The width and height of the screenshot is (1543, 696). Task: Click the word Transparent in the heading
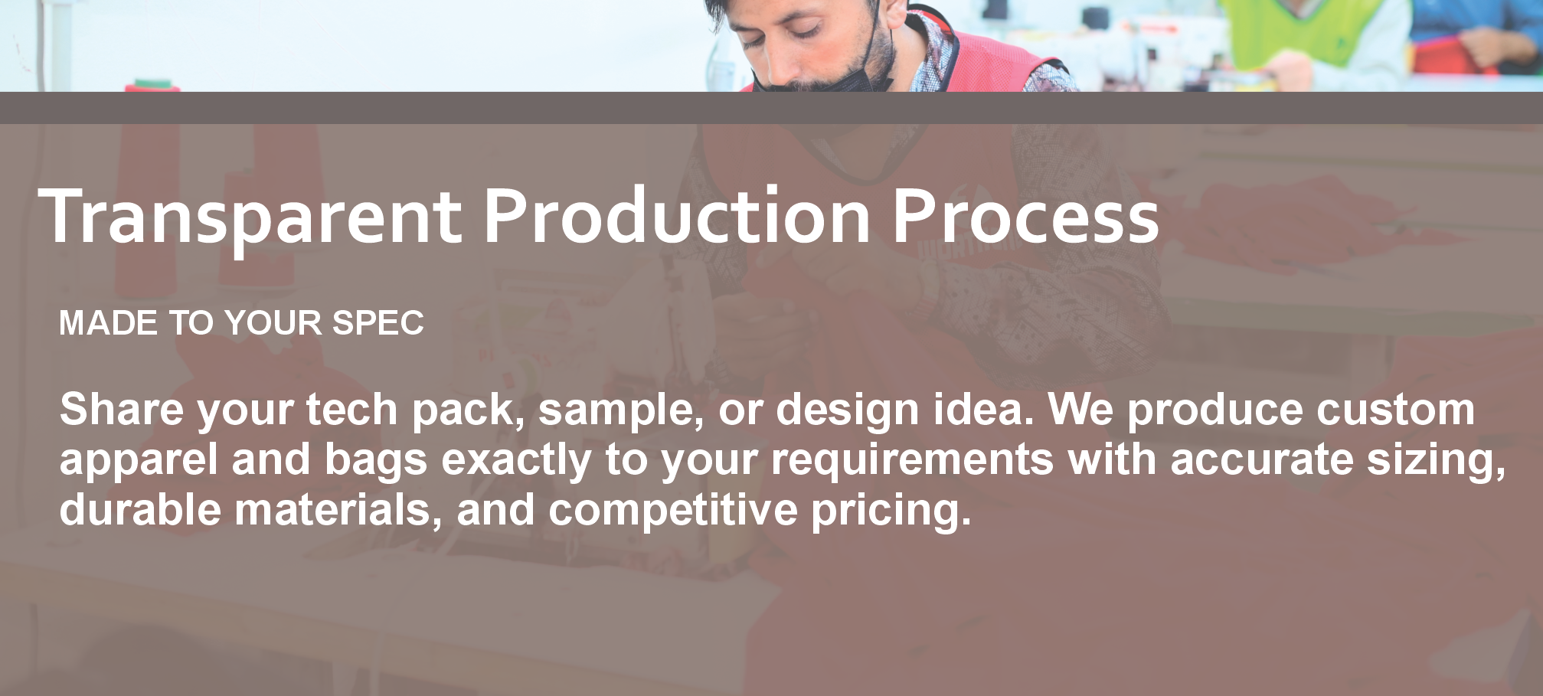[x=250, y=217]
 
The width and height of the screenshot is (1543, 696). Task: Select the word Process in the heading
[x=1026, y=217]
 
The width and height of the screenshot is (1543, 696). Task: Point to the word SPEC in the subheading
[x=378, y=323]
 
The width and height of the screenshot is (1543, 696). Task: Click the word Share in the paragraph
[x=122, y=409]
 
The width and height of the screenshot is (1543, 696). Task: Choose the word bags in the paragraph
[x=376, y=462]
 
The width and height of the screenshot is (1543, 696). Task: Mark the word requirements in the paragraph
[x=912, y=462]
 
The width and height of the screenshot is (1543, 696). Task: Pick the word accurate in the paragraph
[x=1262, y=460]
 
